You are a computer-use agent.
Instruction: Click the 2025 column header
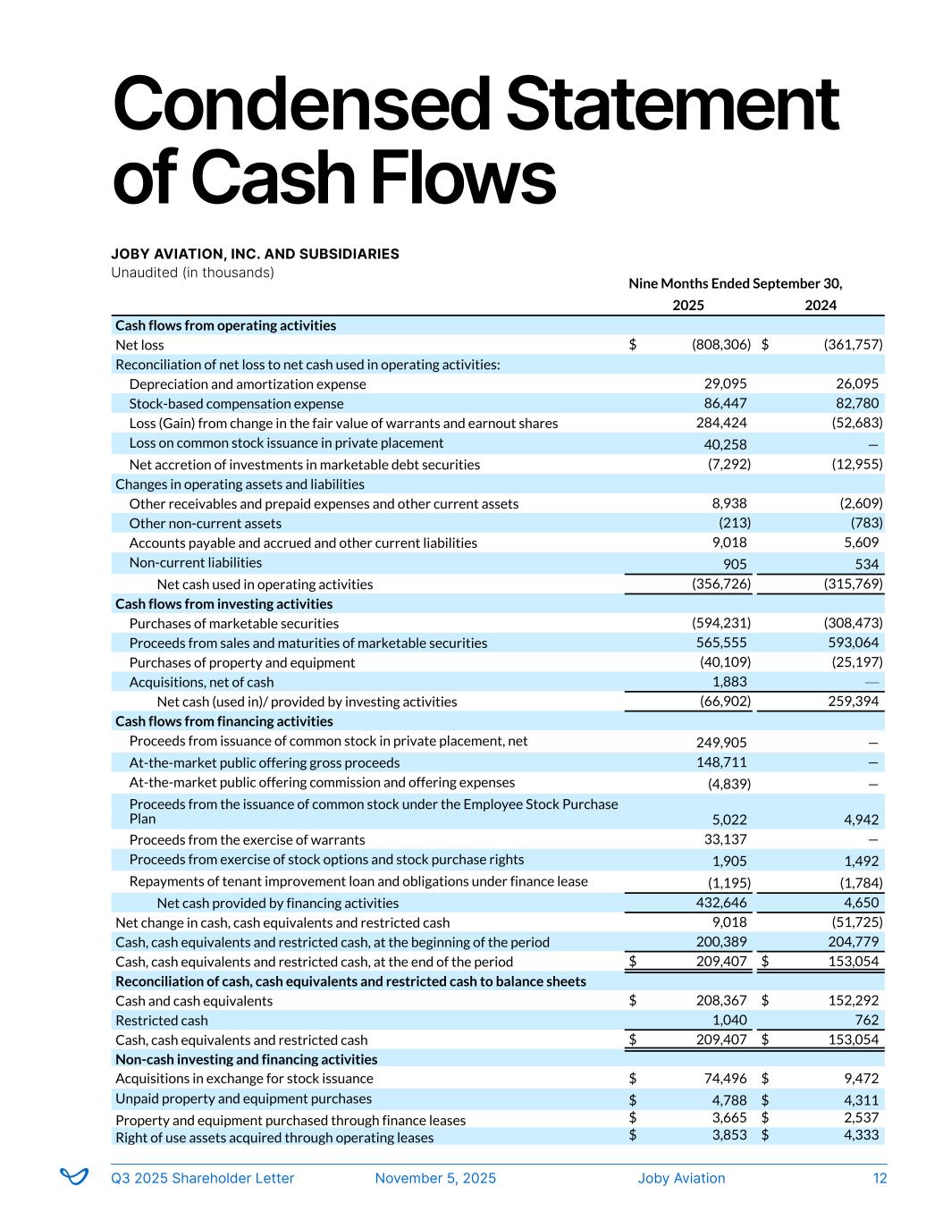tap(687, 306)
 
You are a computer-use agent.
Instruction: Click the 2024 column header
tap(820, 306)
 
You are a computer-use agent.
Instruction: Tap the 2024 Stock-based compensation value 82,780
tap(855, 404)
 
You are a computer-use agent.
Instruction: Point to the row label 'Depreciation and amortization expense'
tap(248, 384)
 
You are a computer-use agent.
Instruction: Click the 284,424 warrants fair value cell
tap(721, 424)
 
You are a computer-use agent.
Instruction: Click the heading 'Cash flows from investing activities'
tap(223, 604)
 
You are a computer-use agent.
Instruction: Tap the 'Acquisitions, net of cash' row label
tap(201, 683)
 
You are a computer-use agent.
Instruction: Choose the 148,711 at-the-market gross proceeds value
tap(721, 762)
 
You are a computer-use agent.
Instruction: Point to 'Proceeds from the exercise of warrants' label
tap(247, 840)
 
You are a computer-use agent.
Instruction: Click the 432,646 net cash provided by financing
tap(721, 904)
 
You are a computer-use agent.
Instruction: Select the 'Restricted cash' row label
tap(161, 1021)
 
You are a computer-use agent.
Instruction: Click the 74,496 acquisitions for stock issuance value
tap(725, 1079)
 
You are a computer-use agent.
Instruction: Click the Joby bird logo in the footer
tap(74, 1177)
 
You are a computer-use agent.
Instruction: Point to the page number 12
tap(880, 1179)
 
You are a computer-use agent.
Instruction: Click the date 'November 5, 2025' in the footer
tap(435, 1179)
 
